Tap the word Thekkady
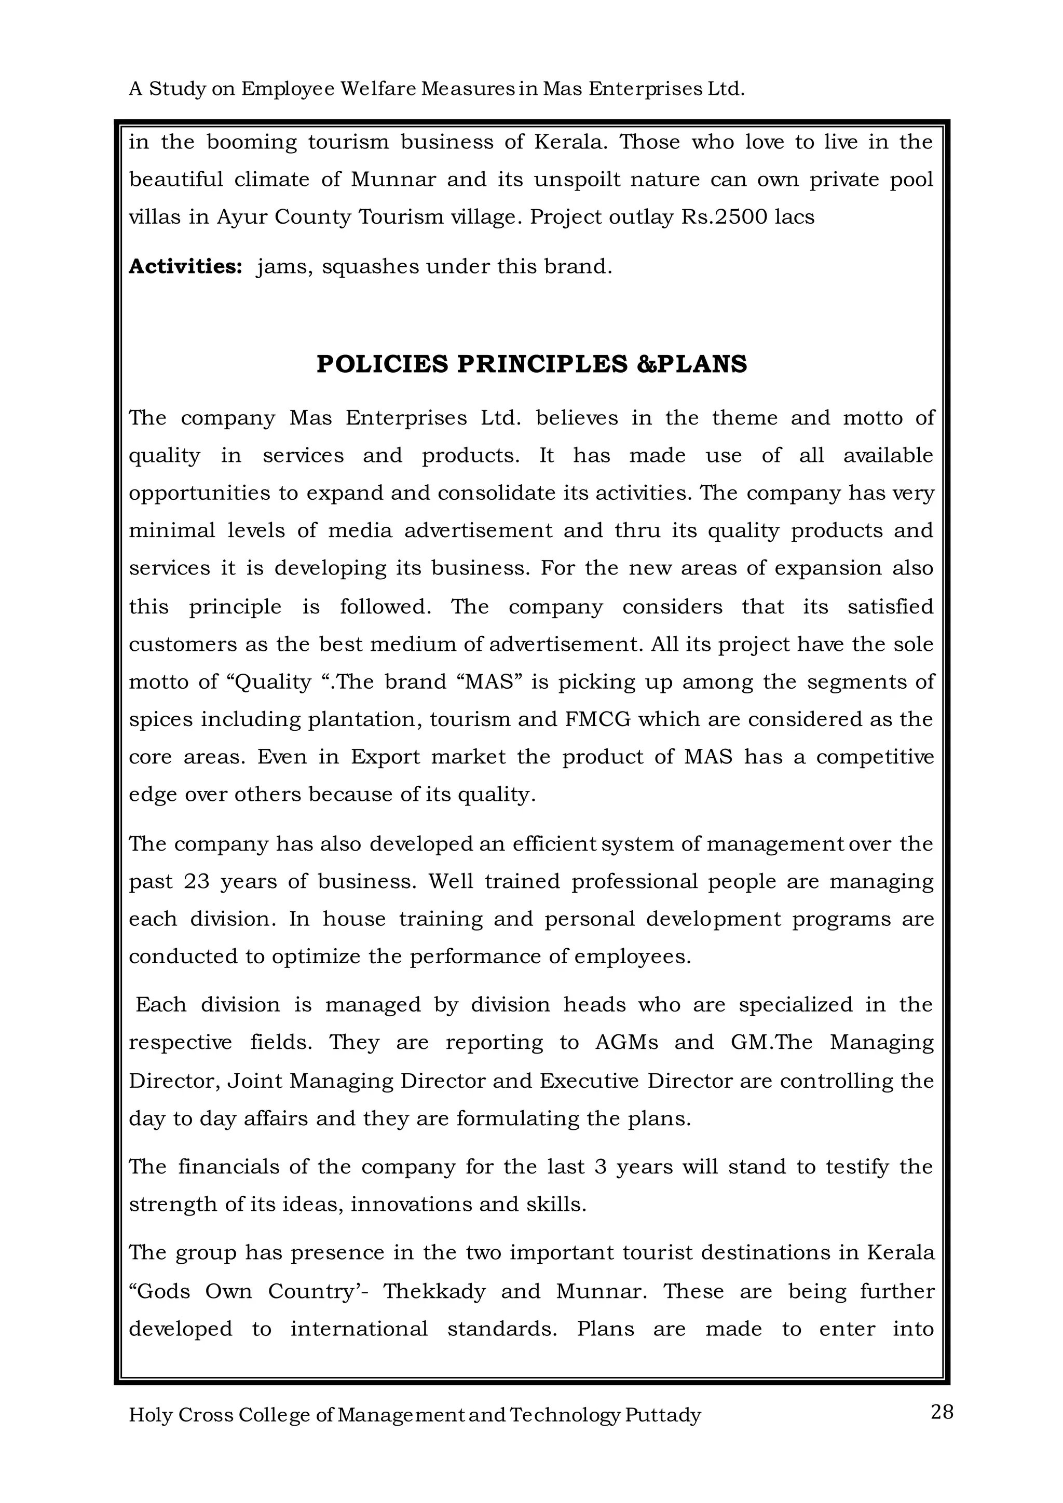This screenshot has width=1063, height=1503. click(434, 1292)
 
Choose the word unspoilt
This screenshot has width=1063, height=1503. click(577, 180)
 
